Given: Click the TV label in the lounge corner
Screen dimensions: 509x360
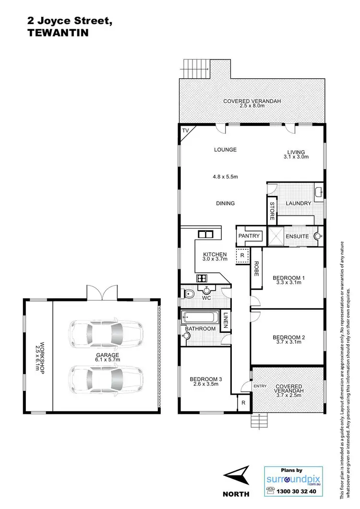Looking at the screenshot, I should pyautogui.click(x=185, y=130).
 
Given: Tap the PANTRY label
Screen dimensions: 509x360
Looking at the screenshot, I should pyautogui.click(x=249, y=236).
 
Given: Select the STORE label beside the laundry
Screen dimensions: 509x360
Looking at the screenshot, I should pyautogui.click(x=272, y=211).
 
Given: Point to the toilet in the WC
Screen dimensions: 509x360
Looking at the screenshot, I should pyautogui.click(x=188, y=293).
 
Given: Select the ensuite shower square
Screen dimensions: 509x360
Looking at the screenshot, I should pyautogui.click(x=274, y=236).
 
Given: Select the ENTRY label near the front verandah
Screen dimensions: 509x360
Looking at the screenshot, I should pyautogui.click(x=260, y=386).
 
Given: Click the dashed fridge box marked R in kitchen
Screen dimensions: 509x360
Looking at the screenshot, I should pyautogui.click(x=242, y=255).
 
